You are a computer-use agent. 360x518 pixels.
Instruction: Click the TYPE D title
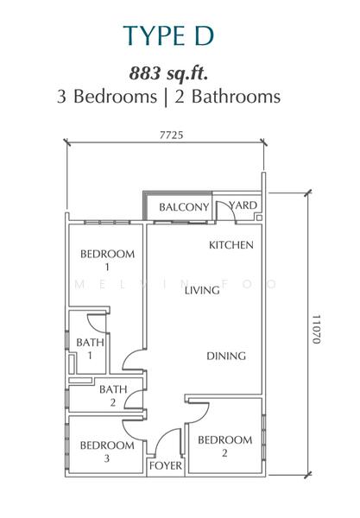(168, 35)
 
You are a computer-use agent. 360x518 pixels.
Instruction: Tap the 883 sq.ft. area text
(168, 73)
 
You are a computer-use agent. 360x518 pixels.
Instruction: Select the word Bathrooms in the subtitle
(237, 97)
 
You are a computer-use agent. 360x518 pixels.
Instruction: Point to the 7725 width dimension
(171, 136)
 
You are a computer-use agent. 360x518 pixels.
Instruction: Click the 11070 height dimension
(317, 329)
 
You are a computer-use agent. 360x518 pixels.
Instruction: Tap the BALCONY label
(184, 207)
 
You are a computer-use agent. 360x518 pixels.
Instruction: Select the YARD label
(243, 205)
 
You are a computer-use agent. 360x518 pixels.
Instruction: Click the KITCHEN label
(231, 245)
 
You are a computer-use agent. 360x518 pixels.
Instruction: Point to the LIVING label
(202, 290)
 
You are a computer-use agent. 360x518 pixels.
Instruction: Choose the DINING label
(226, 356)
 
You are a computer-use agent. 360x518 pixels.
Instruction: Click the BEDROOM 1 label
(107, 261)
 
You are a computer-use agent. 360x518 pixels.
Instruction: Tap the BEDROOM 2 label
(225, 446)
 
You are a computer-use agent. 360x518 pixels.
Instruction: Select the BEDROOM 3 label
(107, 452)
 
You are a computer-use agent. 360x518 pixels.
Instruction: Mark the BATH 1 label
(90, 349)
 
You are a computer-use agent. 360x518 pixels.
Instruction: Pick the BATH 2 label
(113, 395)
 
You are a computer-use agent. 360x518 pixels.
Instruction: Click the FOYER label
(166, 466)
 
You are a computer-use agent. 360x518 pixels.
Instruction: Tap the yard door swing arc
(231, 208)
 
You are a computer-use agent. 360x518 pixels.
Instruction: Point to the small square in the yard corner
(259, 218)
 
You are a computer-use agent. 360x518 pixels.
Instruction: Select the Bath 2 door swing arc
(129, 396)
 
